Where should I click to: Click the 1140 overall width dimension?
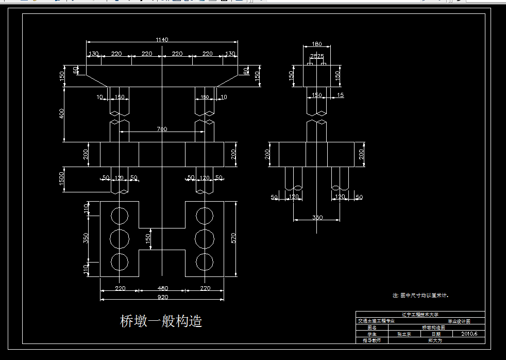point(162,39)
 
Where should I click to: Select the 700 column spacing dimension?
point(162,129)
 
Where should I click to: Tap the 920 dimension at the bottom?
point(162,297)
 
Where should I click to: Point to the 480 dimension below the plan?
point(162,288)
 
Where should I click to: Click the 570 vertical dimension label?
point(233,238)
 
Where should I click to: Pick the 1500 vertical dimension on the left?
point(61,178)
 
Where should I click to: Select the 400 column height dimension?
point(61,113)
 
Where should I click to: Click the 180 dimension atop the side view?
point(317,44)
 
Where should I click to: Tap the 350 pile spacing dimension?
point(317,218)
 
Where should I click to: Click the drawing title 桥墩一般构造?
point(161,321)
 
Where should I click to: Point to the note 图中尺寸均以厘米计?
point(420,296)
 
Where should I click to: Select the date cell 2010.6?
point(469,334)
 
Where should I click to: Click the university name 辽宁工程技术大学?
point(420,314)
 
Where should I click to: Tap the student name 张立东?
point(404,334)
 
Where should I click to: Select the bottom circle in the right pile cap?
point(205,261)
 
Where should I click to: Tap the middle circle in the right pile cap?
point(205,238)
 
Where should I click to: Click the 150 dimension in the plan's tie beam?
point(148,238)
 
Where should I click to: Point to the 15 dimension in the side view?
point(340,95)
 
